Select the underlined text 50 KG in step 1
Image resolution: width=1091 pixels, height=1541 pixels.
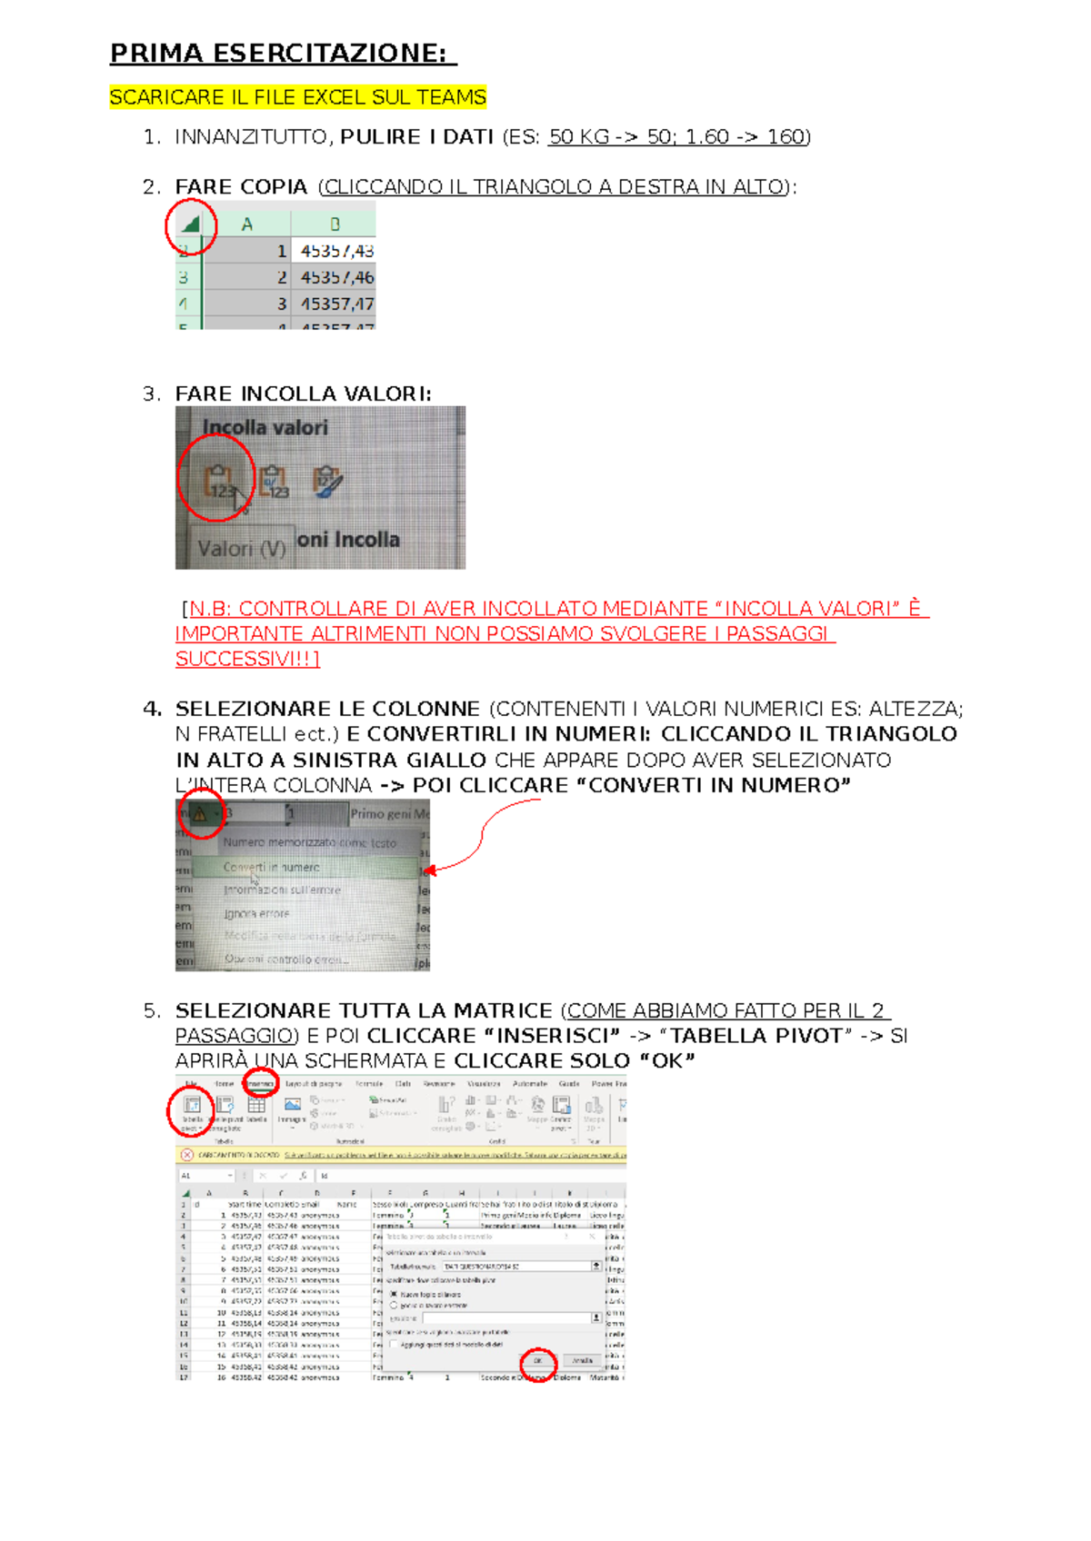click(579, 137)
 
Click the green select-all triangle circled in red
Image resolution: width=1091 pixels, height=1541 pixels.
click(190, 224)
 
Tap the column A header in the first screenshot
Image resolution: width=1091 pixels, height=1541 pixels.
click(246, 224)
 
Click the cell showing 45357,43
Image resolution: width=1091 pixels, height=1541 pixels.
click(336, 251)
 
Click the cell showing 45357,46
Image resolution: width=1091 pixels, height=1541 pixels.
click(336, 277)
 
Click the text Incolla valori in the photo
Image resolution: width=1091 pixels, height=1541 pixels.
click(265, 427)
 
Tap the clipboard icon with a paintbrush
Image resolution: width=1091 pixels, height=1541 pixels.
click(326, 482)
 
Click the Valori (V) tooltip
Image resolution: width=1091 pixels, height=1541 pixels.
click(241, 548)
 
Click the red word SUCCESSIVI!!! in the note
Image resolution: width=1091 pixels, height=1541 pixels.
click(246, 659)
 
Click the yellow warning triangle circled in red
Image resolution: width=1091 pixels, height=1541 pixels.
click(200, 813)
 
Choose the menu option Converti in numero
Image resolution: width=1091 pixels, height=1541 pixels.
click(272, 867)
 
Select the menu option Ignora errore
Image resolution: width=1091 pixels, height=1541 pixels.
click(257, 913)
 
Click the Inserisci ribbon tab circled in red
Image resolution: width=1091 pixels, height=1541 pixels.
click(261, 1084)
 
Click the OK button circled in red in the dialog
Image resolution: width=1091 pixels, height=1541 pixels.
click(537, 1360)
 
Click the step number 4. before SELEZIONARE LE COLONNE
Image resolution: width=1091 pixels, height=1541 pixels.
click(152, 709)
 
